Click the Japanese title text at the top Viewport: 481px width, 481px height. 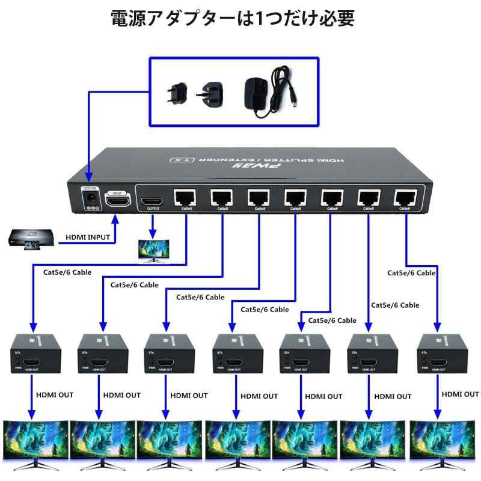tap(233, 19)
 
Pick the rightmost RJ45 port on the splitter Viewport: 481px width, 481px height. tap(405, 197)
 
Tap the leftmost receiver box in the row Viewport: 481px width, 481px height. tap(35, 355)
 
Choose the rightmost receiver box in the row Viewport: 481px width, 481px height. tap(441, 355)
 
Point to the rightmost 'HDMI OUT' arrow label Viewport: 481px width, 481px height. tap(460, 394)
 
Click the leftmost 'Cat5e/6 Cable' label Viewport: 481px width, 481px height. tap(67, 272)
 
